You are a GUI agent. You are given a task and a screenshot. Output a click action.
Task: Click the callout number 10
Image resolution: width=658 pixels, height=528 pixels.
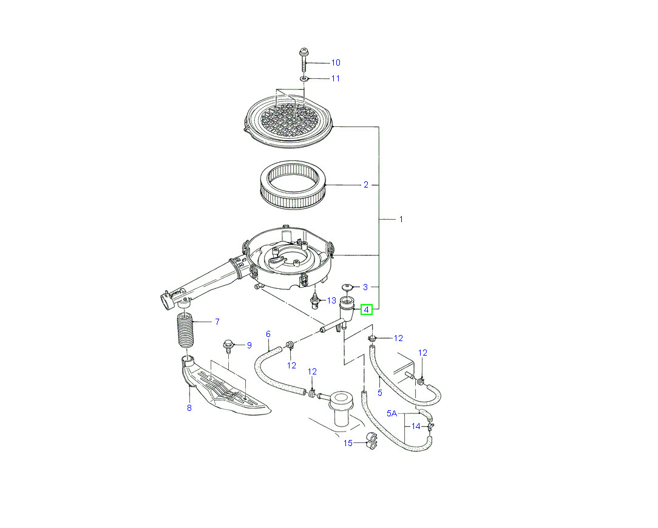335,63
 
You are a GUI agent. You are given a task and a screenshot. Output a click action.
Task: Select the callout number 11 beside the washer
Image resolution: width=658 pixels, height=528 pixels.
335,79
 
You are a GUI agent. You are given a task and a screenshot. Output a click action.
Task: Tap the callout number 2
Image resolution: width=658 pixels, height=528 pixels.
365,185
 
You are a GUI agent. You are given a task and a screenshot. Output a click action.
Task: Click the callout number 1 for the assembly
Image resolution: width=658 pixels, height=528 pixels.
401,218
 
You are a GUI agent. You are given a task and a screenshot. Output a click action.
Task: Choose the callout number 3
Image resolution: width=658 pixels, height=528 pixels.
365,286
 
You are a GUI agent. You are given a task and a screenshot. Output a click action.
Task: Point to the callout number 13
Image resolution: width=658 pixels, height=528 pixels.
331,300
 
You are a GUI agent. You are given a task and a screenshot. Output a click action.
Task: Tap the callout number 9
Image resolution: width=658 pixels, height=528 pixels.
249,345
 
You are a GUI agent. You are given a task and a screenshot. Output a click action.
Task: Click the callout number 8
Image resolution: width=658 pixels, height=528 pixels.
189,408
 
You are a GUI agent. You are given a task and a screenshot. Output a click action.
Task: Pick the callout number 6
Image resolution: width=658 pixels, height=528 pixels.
268,334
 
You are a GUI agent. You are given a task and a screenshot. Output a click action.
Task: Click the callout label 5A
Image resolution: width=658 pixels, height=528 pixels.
392,413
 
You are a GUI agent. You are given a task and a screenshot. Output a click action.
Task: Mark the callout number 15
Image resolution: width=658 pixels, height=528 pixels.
348,443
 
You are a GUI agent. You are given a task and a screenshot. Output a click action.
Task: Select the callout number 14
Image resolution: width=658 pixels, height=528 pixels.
416,426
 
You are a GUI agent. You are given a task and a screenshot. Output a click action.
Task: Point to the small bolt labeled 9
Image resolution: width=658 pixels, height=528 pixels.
229,345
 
